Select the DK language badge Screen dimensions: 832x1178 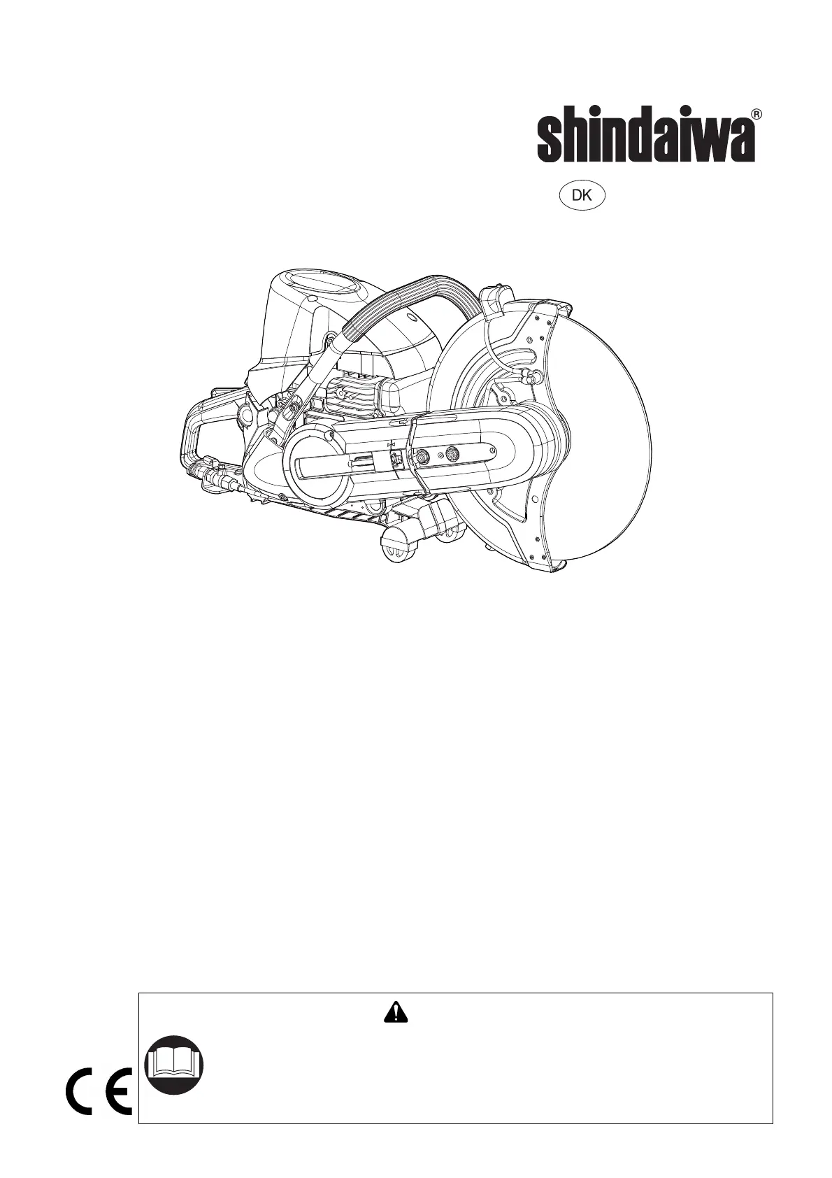pos(581,196)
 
